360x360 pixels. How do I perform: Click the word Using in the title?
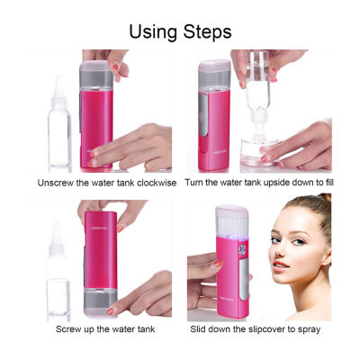tap(153, 32)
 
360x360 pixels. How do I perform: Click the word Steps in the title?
tap(207, 32)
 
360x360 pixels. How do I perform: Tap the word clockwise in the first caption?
tap(157, 183)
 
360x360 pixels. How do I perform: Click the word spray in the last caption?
tap(309, 330)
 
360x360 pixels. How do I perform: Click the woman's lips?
tap(281, 266)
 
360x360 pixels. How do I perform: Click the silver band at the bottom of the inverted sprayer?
tap(100, 300)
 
